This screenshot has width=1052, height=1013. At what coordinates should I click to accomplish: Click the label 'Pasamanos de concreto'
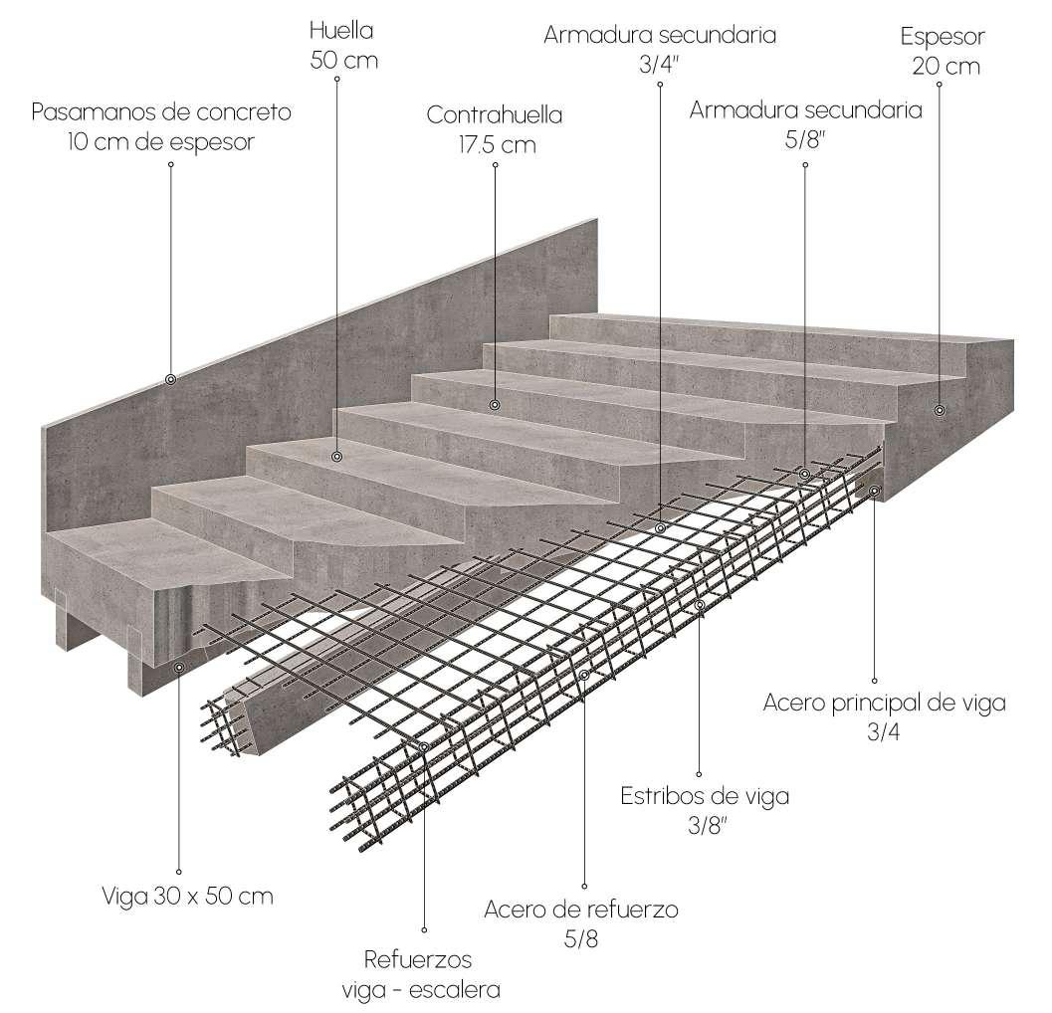161,111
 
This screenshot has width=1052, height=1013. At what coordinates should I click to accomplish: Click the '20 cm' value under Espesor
945,67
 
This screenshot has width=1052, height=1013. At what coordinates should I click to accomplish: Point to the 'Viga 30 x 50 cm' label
187,896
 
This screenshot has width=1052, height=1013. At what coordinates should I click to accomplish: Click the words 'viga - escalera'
421,990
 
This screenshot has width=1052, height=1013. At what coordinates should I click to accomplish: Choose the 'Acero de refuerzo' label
581,910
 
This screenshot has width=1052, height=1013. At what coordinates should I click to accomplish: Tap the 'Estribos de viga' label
705,796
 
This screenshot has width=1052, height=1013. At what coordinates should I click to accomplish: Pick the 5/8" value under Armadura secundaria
805,139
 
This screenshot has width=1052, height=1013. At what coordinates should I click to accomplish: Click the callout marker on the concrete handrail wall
170,379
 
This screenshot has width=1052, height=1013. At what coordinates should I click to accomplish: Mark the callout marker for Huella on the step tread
337,457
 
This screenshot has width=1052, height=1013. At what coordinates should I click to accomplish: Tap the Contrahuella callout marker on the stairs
495,404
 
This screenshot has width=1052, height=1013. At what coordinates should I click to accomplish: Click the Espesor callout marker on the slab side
939,409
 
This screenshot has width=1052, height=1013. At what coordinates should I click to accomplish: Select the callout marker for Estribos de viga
700,604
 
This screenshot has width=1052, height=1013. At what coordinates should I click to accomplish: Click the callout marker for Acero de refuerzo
584,675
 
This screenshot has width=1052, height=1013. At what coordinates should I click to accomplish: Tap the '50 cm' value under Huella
343,60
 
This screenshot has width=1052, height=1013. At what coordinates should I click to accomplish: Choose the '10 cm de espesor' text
161,142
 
